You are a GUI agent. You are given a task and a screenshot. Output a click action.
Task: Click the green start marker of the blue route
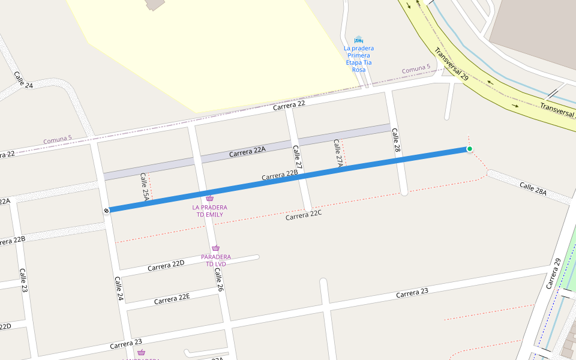(469, 149)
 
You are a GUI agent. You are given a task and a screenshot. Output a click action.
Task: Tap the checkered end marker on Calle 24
(106, 211)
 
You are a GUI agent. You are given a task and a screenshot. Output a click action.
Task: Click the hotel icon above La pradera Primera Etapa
(359, 39)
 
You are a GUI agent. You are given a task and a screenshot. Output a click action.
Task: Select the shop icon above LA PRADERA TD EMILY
(209, 199)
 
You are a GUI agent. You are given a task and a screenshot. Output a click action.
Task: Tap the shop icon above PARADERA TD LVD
(215, 248)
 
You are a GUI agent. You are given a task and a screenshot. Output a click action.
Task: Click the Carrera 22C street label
(304, 216)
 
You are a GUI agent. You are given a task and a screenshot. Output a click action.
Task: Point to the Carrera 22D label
(166, 265)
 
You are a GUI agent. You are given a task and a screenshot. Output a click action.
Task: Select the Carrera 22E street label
(172, 298)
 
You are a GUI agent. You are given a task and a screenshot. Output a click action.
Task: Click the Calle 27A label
(338, 153)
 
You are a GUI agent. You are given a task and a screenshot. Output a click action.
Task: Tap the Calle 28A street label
(533, 189)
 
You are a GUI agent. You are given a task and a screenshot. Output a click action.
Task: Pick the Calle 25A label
(145, 187)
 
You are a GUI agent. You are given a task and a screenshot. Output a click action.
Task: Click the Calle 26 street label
(220, 280)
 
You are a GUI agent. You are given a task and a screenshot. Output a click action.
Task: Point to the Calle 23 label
(23, 280)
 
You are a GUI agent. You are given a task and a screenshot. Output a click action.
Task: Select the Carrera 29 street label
(553, 273)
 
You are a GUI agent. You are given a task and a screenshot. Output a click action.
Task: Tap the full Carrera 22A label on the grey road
(247, 152)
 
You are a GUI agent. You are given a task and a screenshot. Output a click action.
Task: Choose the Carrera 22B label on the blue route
(280, 175)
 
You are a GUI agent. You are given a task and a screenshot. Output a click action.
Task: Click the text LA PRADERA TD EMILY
(209, 211)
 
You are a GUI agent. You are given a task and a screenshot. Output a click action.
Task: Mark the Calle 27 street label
(296, 157)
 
